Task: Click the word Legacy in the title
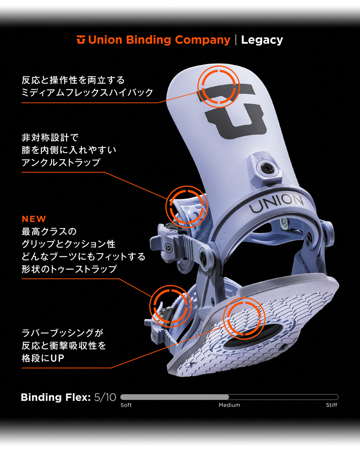pyautogui.click(x=262, y=40)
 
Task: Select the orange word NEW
pyautogui.click(x=34, y=219)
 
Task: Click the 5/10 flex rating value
pyautogui.click(x=105, y=397)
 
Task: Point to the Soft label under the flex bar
pyautogui.click(x=126, y=405)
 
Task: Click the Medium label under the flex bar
pyautogui.click(x=229, y=405)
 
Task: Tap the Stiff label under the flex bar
pyautogui.click(x=332, y=405)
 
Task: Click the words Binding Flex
pyautogui.click(x=56, y=397)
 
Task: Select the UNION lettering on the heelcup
pyautogui.click(x=276, y=203)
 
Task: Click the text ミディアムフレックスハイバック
pyautogui.click(x=87, y=93)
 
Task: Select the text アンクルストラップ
pyautogui.click(x=61, y=162)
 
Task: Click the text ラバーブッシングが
pyautogui.click(x=63, y=333)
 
